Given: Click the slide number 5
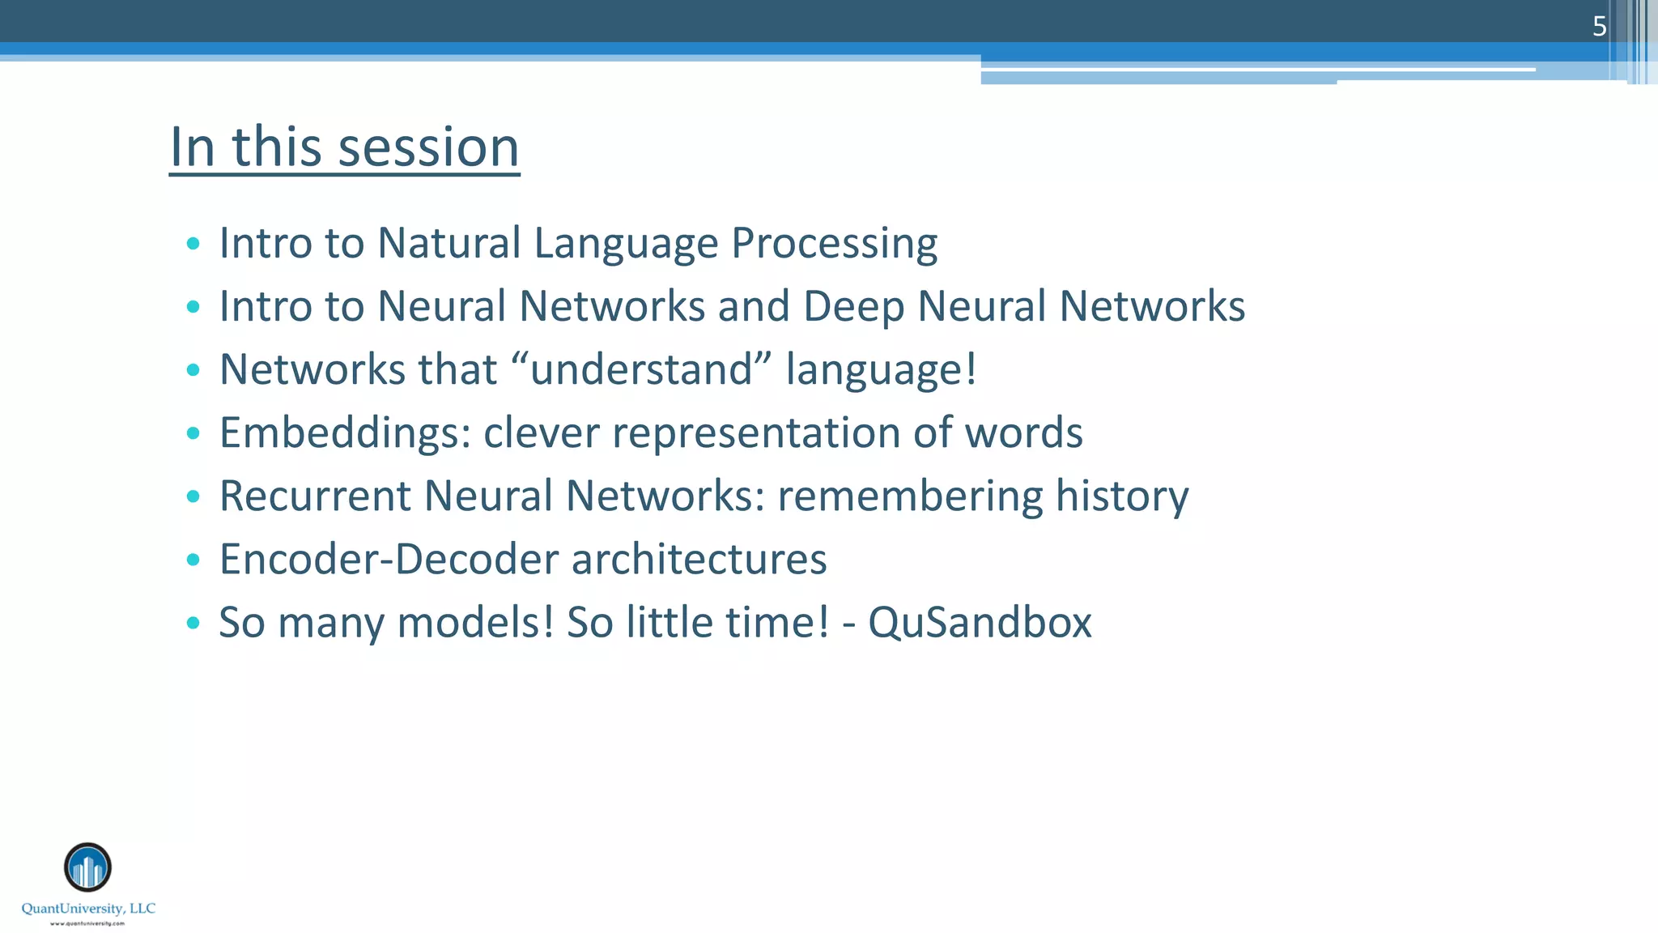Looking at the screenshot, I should click(1599, 27).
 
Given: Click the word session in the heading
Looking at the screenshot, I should click(428, 147).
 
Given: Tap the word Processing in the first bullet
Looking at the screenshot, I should click(834, 243).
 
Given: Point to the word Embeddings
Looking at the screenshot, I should click(345, 432).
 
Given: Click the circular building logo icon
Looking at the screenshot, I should click(87, 867).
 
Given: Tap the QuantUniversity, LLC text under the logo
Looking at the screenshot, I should click(88, 909).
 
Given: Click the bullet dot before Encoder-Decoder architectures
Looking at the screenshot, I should click(193, 560).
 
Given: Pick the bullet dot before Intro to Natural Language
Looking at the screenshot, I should click(193, 243).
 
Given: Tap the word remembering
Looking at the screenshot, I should click(910, 496).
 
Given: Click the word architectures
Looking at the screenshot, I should click(699, 559).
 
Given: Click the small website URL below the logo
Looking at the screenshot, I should click(87, 923).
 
